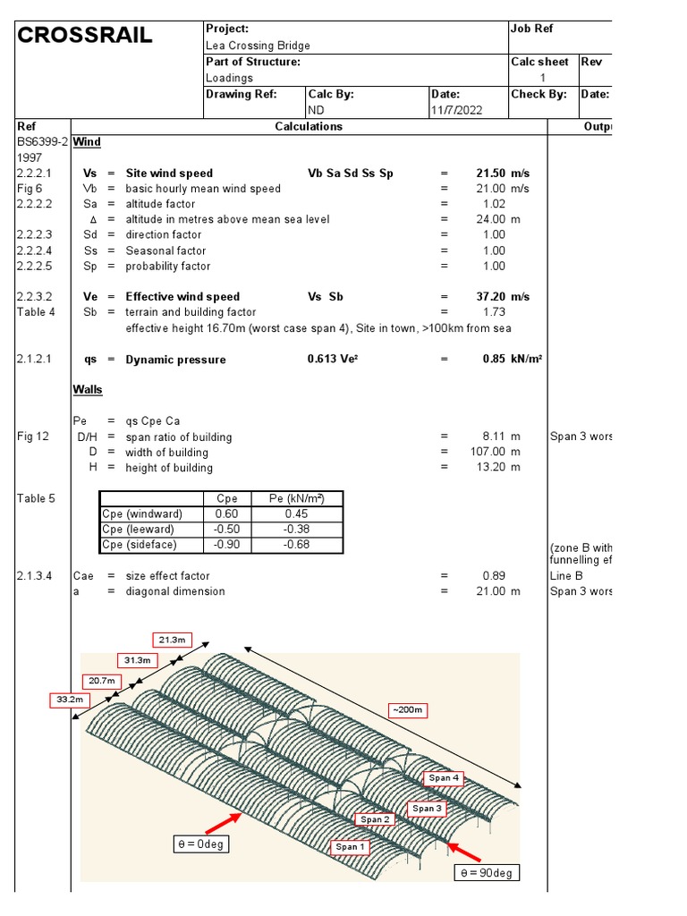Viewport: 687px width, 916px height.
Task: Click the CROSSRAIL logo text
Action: coord(86,36)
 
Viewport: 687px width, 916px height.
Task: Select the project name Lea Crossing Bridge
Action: coord(259,46)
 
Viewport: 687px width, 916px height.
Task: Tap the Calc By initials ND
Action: coord(316,110)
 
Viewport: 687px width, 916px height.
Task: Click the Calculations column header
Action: coord(309,127)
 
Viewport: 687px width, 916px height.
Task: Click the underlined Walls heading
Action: coord(87,390)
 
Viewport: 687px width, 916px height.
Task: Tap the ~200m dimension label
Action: coord(407,710)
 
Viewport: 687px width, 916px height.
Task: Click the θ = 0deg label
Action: coord(201,843)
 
